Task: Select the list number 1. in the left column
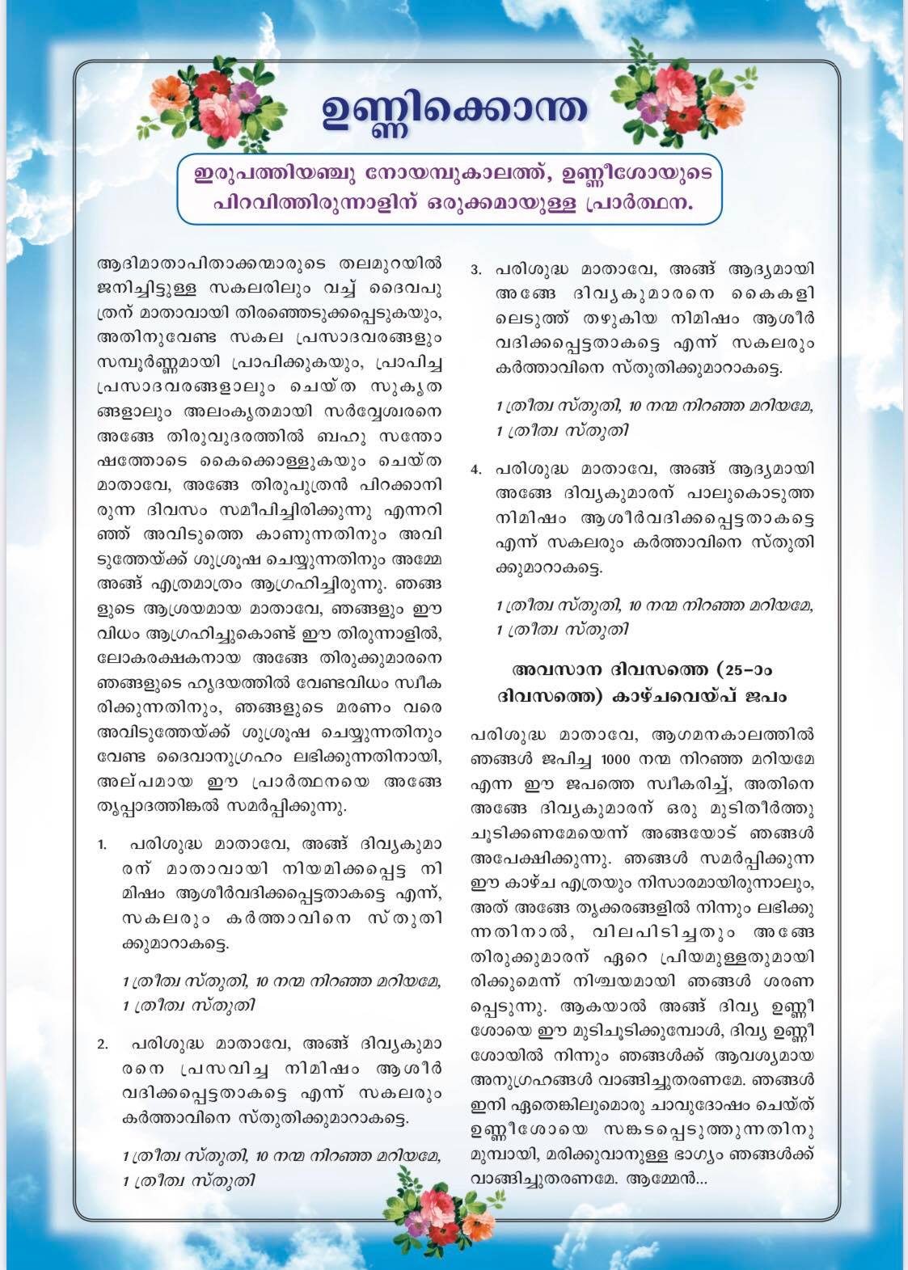[103, 846]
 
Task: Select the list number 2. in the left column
[103, 1044]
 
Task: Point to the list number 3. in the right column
[476, 268]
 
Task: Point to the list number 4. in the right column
[476, 469]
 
